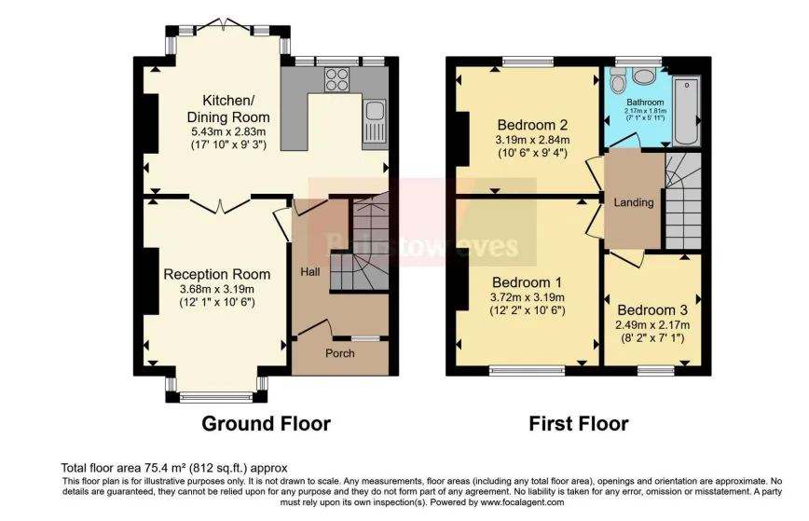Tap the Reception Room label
click(x=217, y=274)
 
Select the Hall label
click(x=309, y=271)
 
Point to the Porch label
click(x=339, y=353)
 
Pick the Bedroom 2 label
click(x=532, y=125)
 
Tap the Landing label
click(x=634, y=202)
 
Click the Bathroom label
click(x=645, y=102)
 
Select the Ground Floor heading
click(x=267, y=424)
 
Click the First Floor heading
click(x=579, y=424)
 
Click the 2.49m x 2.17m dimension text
click(x=651, y=324)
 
